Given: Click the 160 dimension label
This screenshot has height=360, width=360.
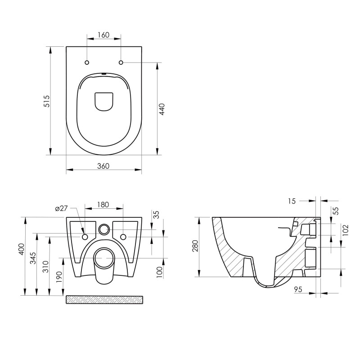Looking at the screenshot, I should [103, 35].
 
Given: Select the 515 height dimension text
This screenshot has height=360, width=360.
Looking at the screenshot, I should [46, 101].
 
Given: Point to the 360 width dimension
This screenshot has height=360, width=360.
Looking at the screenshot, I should [103, 166].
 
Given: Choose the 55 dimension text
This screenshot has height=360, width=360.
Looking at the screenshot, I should [335, 211].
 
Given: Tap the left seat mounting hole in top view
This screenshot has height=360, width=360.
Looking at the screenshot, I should [87, 62].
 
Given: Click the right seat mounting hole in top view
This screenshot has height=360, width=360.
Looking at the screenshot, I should [121, 62].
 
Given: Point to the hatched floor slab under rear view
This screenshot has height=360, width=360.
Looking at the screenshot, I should [104, 300].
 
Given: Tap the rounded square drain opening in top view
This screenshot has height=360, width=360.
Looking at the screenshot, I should [104, 101].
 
